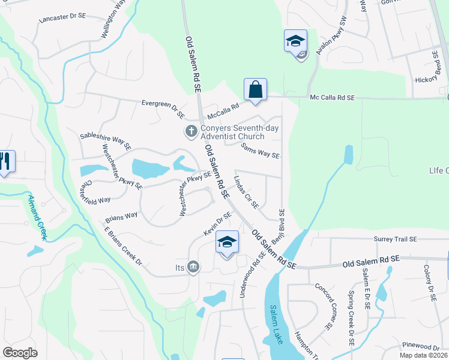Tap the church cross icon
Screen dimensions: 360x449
191,131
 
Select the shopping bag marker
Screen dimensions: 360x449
255,90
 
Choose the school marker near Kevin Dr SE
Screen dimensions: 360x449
227,242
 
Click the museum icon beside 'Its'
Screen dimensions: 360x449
193,266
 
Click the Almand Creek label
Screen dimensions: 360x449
38,210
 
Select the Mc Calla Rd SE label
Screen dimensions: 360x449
332,97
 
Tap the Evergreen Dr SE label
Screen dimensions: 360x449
163,107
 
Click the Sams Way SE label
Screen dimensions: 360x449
260,150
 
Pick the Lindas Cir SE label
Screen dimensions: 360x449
246,192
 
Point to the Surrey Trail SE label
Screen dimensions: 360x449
395,239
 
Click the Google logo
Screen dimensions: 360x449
20,353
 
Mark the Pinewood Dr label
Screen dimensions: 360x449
421,346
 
